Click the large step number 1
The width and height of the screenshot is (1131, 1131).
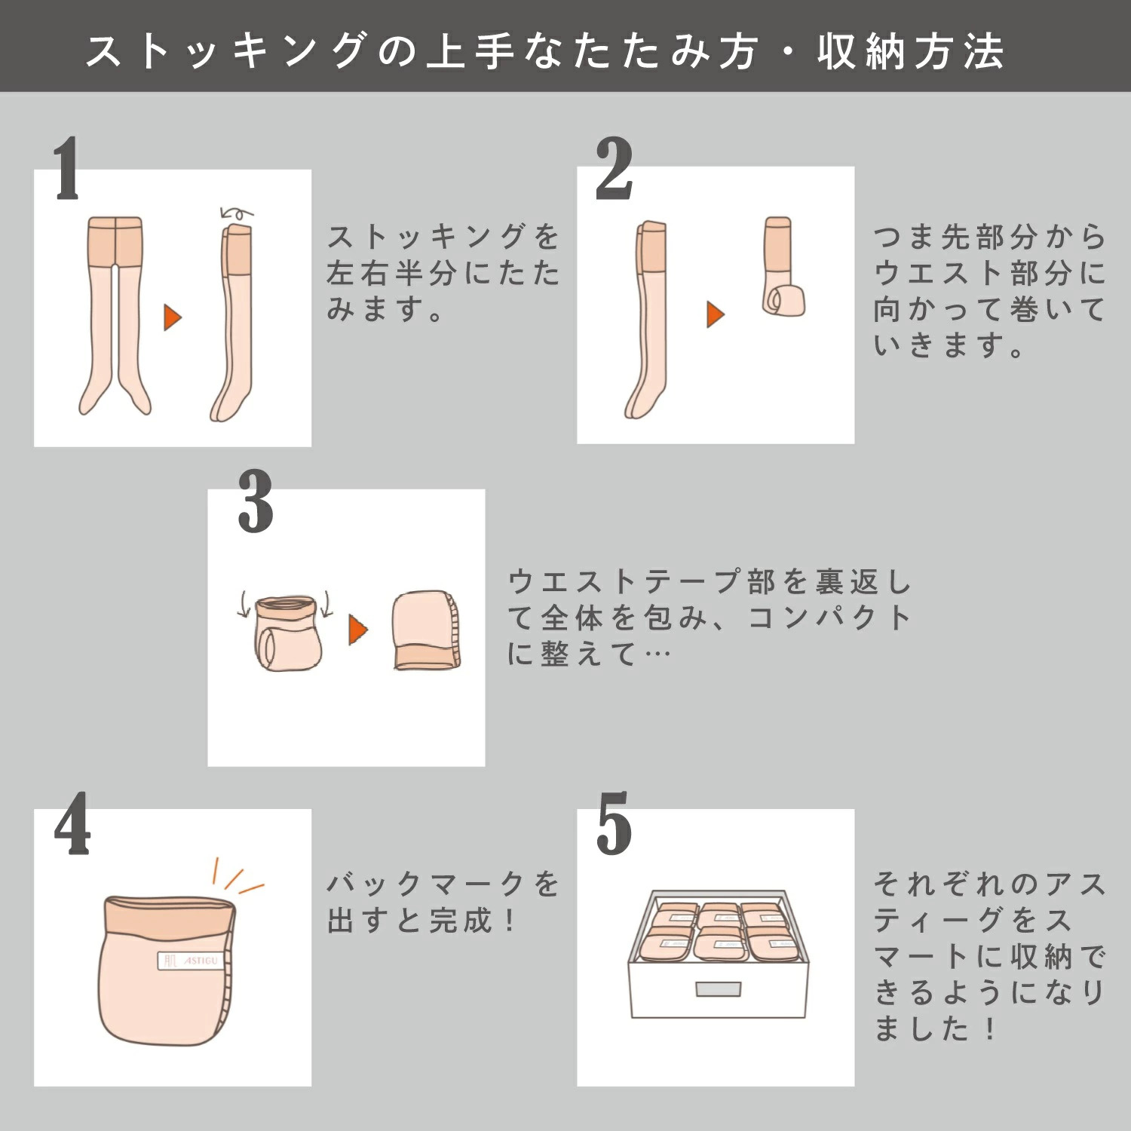click(x=66, y=170)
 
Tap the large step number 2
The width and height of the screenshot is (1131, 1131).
click(x=614, y=170)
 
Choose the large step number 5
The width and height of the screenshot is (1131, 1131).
click(x=614, y=823)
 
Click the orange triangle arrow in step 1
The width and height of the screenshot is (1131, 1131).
click(x=173, y=317)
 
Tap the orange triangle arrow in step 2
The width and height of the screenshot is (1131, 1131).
click(x=716, y=314)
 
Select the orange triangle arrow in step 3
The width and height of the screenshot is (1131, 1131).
click(x=358, y=630)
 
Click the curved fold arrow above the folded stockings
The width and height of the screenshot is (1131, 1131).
click(x=236, y=213)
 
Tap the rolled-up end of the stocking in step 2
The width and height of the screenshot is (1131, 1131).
click(x=783, y=300)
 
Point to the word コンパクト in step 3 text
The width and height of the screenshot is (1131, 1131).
click(x=830, y=618)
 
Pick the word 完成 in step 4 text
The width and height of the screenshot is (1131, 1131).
click(x=461, y=920)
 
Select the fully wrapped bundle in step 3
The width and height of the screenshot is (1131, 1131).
click(x=426, y=630)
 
